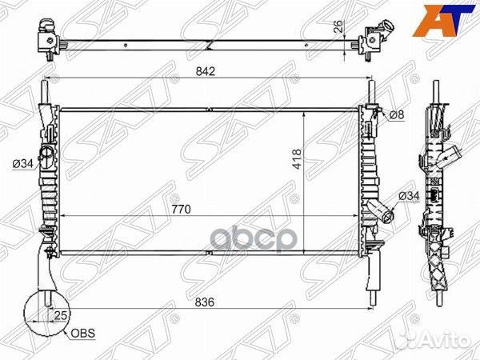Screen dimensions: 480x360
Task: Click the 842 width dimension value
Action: tap(206, 71)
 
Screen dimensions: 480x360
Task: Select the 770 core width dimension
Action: tap(182, 210)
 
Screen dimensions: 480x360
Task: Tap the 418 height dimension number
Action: tap(297, 159)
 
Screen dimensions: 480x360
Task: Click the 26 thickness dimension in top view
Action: tap(338, 26)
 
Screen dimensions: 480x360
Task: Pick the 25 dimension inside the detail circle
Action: tap(60, 315)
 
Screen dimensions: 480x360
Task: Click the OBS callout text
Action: tap(82, 333)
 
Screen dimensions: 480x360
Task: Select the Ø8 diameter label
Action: tap(397, 114)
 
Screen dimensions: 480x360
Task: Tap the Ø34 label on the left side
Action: tap(22, 164)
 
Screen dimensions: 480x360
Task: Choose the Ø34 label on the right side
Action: tap(409, 196)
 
